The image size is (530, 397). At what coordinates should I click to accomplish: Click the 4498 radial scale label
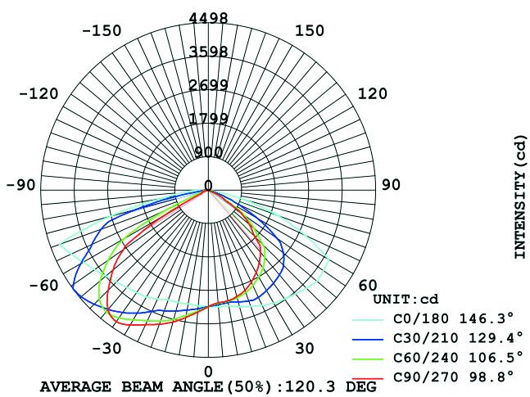coord(208,17)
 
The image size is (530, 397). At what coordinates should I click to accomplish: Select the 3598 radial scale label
coord(208,52)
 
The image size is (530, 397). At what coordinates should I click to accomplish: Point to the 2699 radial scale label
coord(208,85)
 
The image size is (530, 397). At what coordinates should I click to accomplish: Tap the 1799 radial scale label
coord(208,118)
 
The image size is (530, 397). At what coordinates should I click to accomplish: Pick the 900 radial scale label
coord(208,153)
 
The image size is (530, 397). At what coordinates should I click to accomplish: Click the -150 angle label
coord(102,31)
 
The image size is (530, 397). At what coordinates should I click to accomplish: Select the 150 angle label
coord(310,31)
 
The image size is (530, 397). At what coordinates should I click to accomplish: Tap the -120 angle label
coord(39,93)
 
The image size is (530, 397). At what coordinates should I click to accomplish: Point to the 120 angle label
coord(373,93)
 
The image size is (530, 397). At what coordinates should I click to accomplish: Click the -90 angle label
coord(20,185)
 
